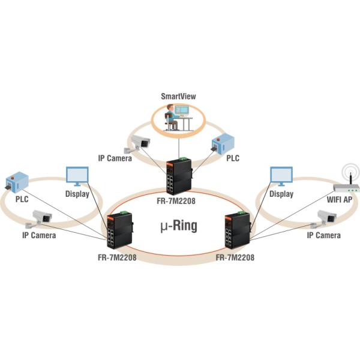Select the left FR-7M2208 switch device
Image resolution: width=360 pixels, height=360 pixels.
point(120,232)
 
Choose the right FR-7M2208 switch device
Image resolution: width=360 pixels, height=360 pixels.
point(236,231)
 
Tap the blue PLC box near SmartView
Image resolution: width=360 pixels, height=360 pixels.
point(223,143)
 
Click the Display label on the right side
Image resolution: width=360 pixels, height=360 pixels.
point(281,194)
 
